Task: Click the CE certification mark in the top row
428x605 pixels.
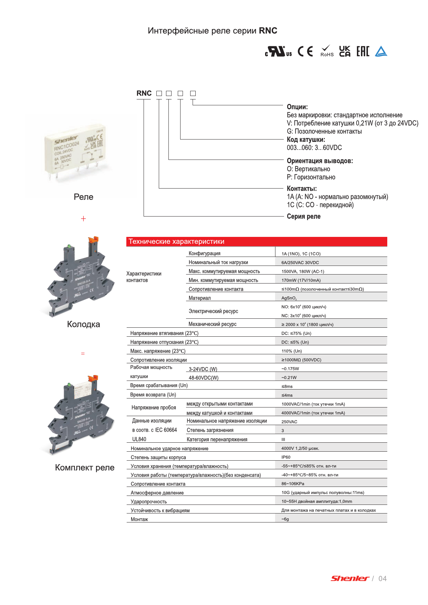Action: coord(305,51)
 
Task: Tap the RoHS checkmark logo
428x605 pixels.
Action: coord(327,51)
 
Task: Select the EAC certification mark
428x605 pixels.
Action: coord(363,51)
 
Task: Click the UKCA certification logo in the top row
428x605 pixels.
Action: coord(345,51)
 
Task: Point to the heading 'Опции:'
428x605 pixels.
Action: coord(297,107)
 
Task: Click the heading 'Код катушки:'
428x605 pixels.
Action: coord(306,140)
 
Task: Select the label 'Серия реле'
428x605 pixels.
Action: coord(304,216)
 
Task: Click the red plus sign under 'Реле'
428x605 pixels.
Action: coord(83,219)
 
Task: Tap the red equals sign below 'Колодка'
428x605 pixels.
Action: coord(83,354)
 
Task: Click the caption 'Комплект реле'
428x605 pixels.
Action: coord(85,468)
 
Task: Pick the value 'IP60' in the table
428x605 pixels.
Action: coord(286,457)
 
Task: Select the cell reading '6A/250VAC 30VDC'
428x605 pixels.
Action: coord(300,262)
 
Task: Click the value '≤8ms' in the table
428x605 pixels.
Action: coord(287,386)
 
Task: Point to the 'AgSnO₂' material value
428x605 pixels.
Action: coord(289,298)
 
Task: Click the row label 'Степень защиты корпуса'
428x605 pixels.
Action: coord(158,458)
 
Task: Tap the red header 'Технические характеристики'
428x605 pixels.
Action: coord(176,241)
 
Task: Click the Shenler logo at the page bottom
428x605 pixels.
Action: coord(350,578)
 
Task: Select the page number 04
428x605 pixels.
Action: coord(382,578)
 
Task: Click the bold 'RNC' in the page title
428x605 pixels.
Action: coord(268,31)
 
